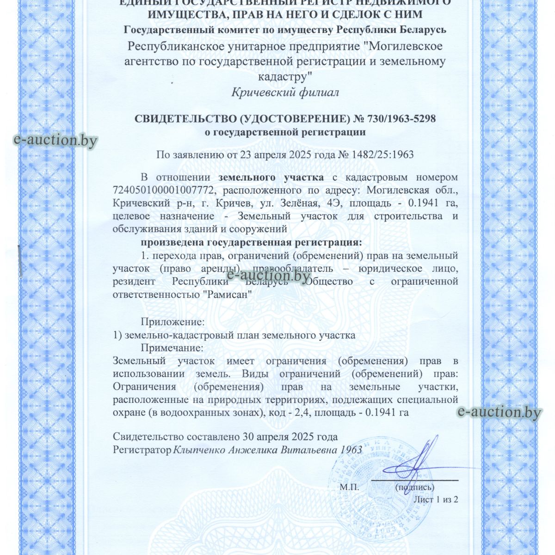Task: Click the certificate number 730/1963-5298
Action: pyautogui.click(x=401, y=119)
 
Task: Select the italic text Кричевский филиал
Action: pyautogui.click(x=285, y=92)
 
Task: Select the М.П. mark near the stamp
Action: pyautogui.click(x=349, y=487)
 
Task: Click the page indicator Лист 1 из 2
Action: pyautogui.click(x=435, y=499)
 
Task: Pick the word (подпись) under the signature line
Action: pyautogui.click(x=414, y=487)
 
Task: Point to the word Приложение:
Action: pyautogui.click(x=173, y=321)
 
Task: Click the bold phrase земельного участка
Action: pyautogui.click(x=271, y=177)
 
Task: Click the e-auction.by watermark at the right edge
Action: pyautogui.click(x=499, y=412)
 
